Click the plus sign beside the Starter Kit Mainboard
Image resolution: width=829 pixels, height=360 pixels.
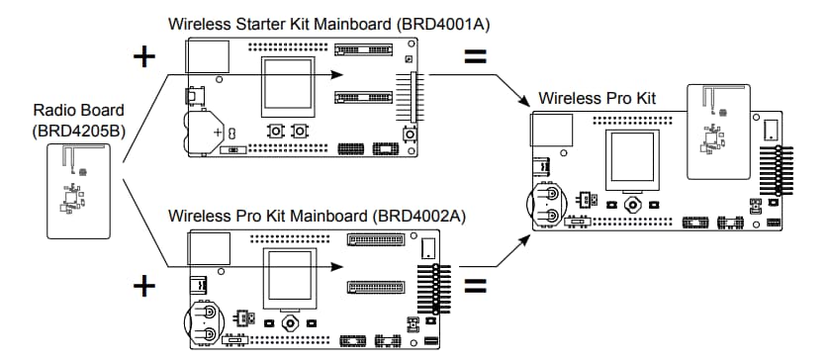coord(145,55)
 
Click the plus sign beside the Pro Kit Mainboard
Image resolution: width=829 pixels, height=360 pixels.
coord(145,287)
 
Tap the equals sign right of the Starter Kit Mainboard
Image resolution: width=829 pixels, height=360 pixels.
coord(476,56)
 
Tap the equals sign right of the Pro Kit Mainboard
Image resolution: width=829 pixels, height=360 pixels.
coord(476,288)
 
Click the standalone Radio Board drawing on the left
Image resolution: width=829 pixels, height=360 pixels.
coord(73,187)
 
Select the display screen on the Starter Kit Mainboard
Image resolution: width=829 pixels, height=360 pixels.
coord(287,86)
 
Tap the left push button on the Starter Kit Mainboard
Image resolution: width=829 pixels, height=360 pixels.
coord(274,132)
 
